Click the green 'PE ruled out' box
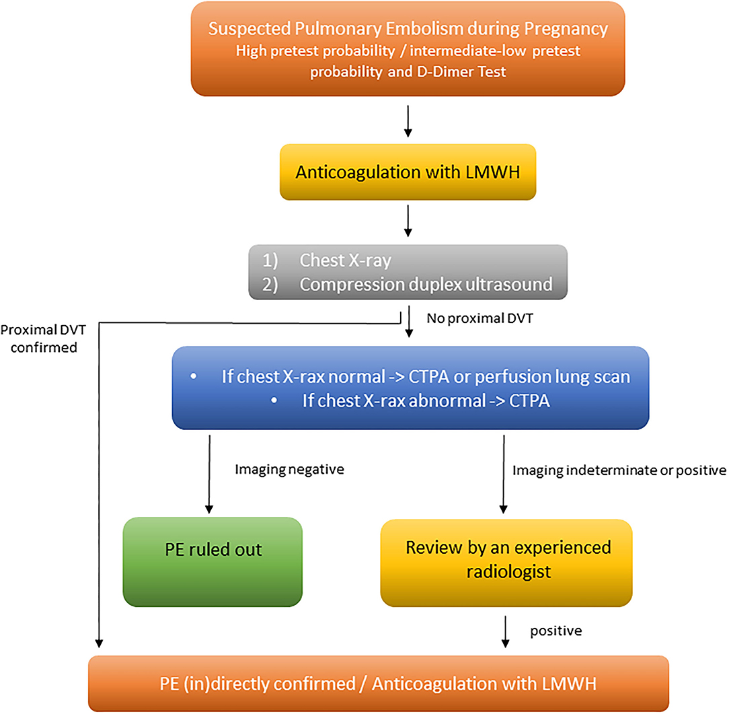pos(213,550)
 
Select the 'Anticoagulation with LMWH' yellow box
pos(408,172)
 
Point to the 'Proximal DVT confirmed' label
pos(39,338)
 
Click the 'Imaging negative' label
pos(289,470)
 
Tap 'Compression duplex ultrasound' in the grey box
pos(426,283)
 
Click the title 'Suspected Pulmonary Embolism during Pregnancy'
pos(408,30)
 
